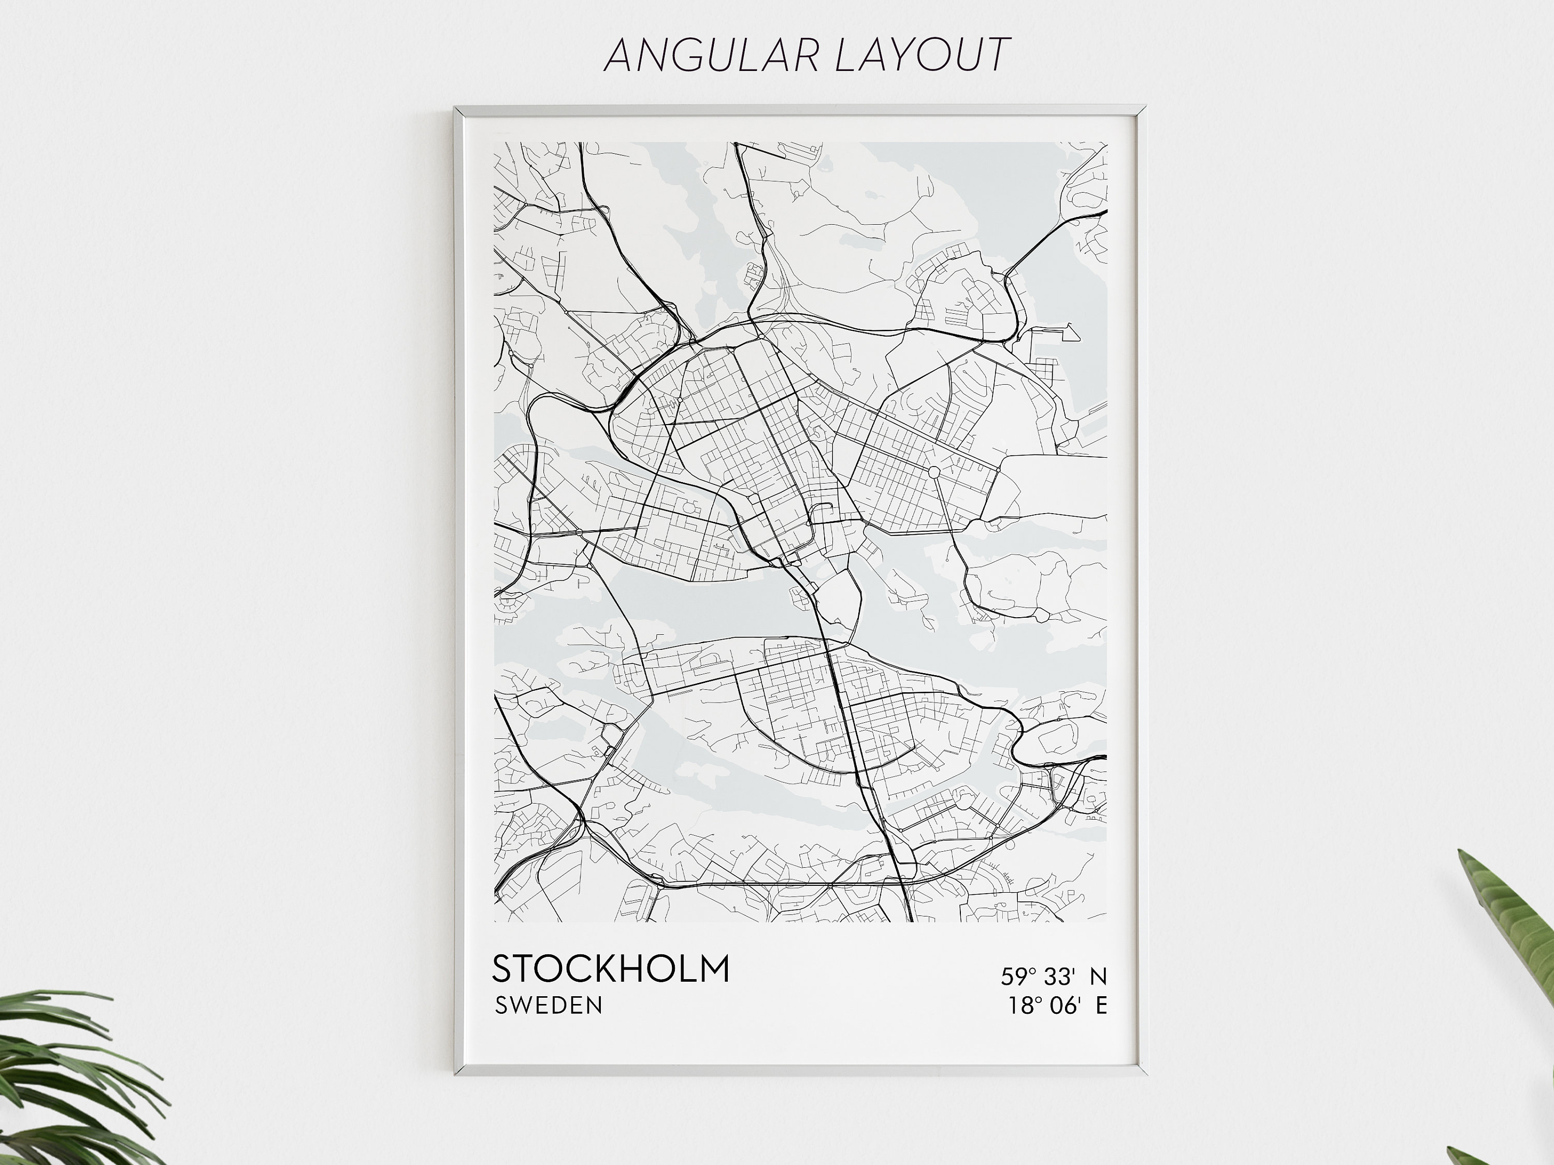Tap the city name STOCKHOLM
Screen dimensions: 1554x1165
point(611,969)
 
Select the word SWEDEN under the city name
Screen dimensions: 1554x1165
point(549,1006)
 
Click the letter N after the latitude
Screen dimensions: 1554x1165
point(1098,976)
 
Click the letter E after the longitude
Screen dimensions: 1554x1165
point(1101,1006)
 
